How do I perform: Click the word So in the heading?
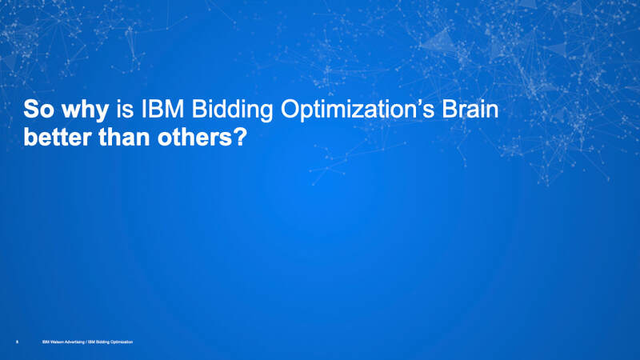tap(38, 110)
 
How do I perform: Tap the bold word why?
tap(85, 111)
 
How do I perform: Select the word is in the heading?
tap(125, 110)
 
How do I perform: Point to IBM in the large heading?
tap(162, 110)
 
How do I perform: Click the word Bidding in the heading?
tap(232, 111)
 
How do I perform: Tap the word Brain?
tap(470, 110)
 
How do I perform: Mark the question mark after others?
tap(239, 137)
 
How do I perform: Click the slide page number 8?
tap(17, 342)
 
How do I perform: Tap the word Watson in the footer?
tap(56, 342)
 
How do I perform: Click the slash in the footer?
tap(86, 342)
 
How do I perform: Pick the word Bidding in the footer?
tap(103, 342)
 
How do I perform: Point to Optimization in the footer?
tap(122, 342)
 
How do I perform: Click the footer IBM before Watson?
tap(45, 342)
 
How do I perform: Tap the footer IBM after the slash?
tap(92, 342)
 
